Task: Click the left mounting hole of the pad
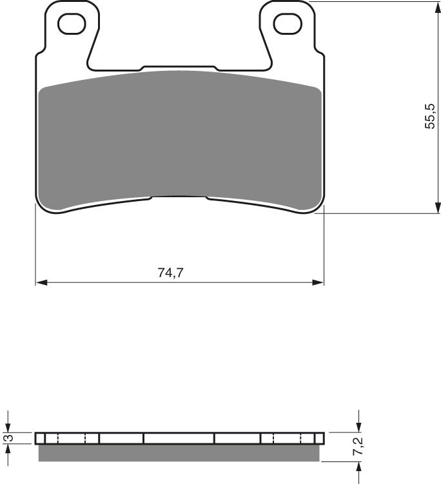pyautogui.click(x=72, y=24)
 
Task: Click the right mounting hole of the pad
pyautogui.click(x=288, y=24)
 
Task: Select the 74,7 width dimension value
pyautogui.click(x=170, y=272)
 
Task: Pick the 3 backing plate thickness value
pyautogui.click(x=7, y=439)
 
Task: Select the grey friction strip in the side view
pyautogui.click(x=179, y=453)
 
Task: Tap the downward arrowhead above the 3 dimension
pyautogui.click(x=7, y=429)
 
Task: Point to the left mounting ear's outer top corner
pyautogui.click(x=52, y=4)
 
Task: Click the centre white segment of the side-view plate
pyautogui.click(x=179, y=439)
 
